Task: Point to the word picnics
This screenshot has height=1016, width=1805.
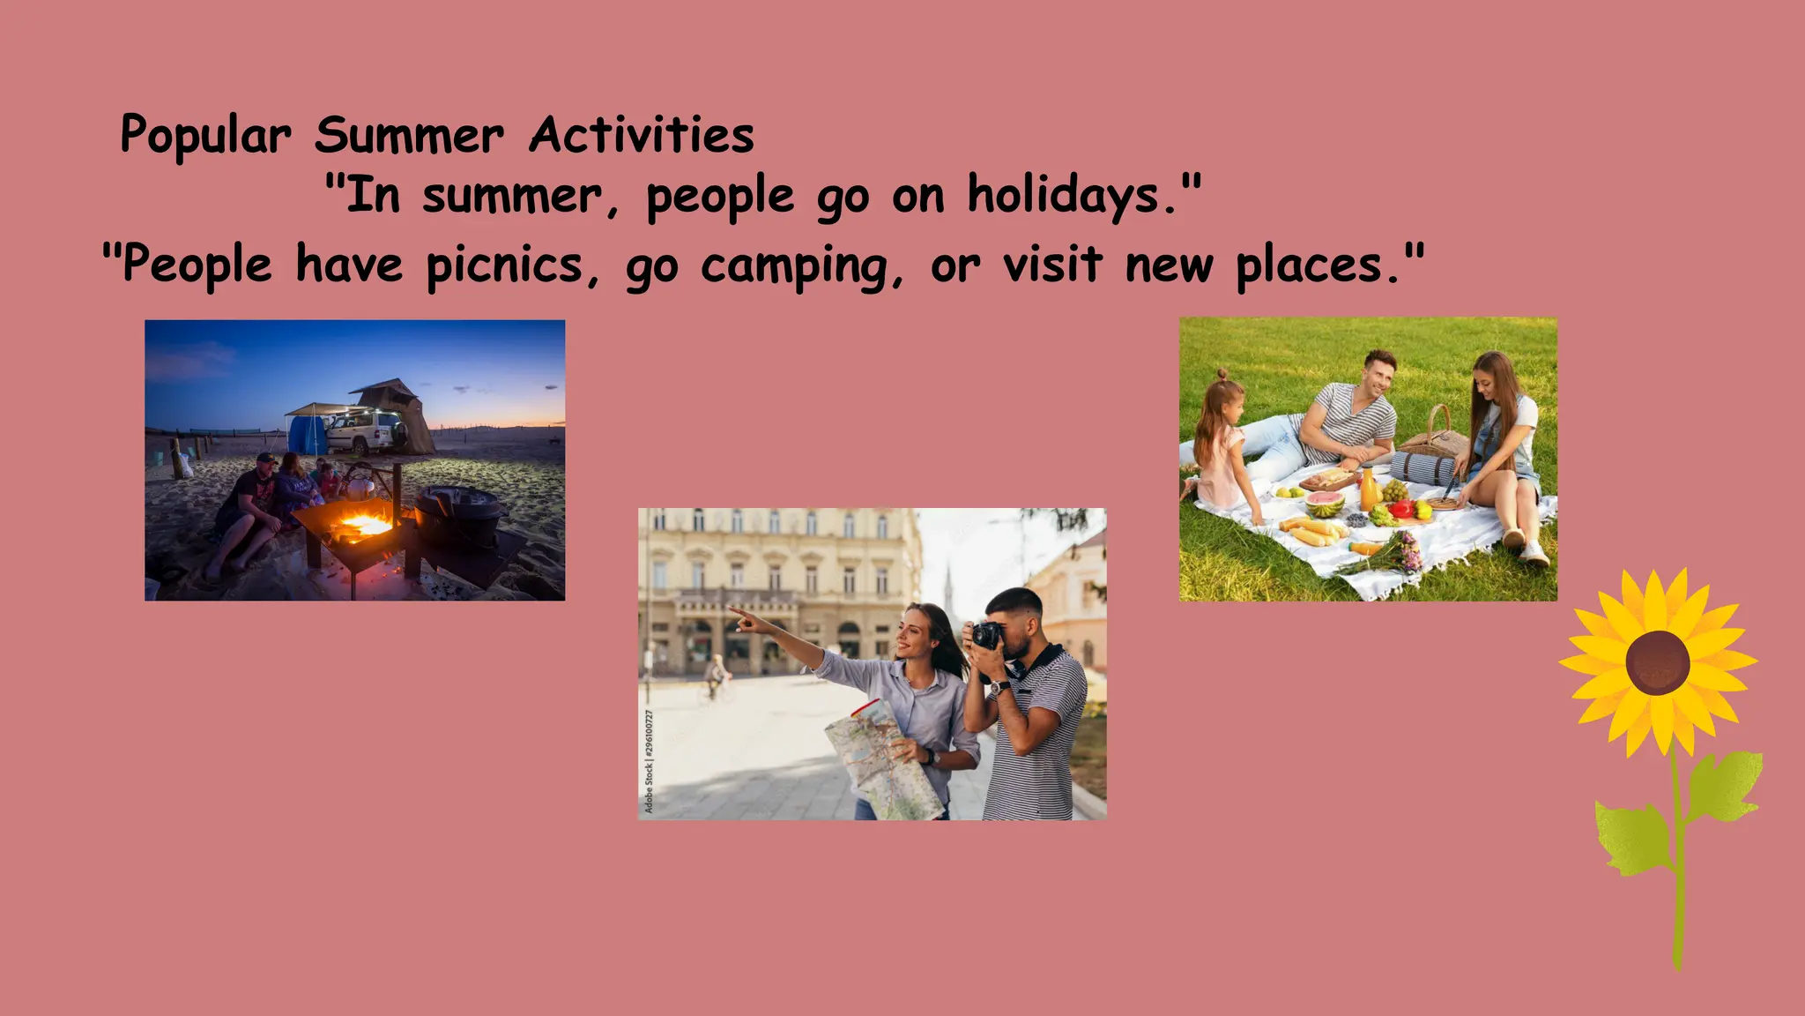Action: [504, 265]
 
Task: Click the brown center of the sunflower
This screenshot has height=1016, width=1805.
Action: [1657, 662]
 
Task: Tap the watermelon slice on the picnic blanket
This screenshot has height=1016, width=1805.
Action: [1324, 504]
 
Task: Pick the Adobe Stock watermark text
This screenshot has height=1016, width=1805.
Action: [649, 761]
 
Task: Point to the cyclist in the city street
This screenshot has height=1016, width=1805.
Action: [717, 677]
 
